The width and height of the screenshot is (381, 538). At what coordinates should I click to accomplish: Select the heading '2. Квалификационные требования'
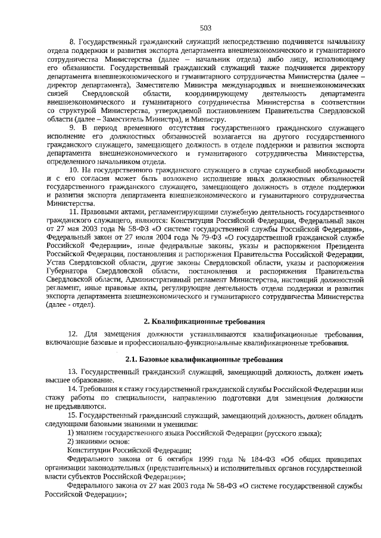tap(205, 322)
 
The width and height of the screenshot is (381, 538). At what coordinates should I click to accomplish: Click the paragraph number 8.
tap(73, 43)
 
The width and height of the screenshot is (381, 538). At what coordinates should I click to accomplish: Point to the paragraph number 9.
tap(73, 128)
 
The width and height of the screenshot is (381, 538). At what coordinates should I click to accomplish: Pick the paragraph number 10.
tap(74, 170)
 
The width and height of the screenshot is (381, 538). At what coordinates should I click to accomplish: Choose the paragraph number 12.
tap(73, 334)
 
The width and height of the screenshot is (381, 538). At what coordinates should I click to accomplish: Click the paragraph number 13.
tap(73, 372)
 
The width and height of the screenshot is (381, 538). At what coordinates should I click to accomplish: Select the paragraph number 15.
tap(73, 414)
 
